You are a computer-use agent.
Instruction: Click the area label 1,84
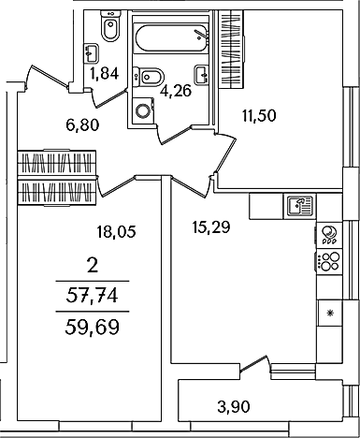coord(105,74)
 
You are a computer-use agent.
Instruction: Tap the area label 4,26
coord(175,92)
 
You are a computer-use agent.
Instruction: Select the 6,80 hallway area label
coord(82,125)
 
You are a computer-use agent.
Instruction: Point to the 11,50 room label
coord(259,116)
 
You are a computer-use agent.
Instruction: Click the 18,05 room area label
coord(116,232)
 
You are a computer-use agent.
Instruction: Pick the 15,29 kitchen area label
coord(211,227)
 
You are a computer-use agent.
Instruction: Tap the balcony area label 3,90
coord(234,407)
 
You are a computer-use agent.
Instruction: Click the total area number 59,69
coord(93,328)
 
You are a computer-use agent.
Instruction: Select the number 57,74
coord(93,296)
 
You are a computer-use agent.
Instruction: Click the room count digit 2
coord(93,266)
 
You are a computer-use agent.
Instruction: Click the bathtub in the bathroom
coord(171,38)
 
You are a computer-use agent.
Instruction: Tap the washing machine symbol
coord(143,109)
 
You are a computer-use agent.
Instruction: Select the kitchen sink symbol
coord(299,206)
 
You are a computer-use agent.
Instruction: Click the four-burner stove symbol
coord(329,261)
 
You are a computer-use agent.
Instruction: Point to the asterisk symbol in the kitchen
coord(330,313)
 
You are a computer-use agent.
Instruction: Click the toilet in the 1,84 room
coord(109,25)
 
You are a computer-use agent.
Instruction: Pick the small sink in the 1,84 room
coord(92,53)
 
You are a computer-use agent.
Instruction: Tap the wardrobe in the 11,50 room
coord(231,49)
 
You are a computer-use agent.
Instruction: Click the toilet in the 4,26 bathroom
coord(148,77)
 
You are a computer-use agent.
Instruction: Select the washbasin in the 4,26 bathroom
coord(202,74)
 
